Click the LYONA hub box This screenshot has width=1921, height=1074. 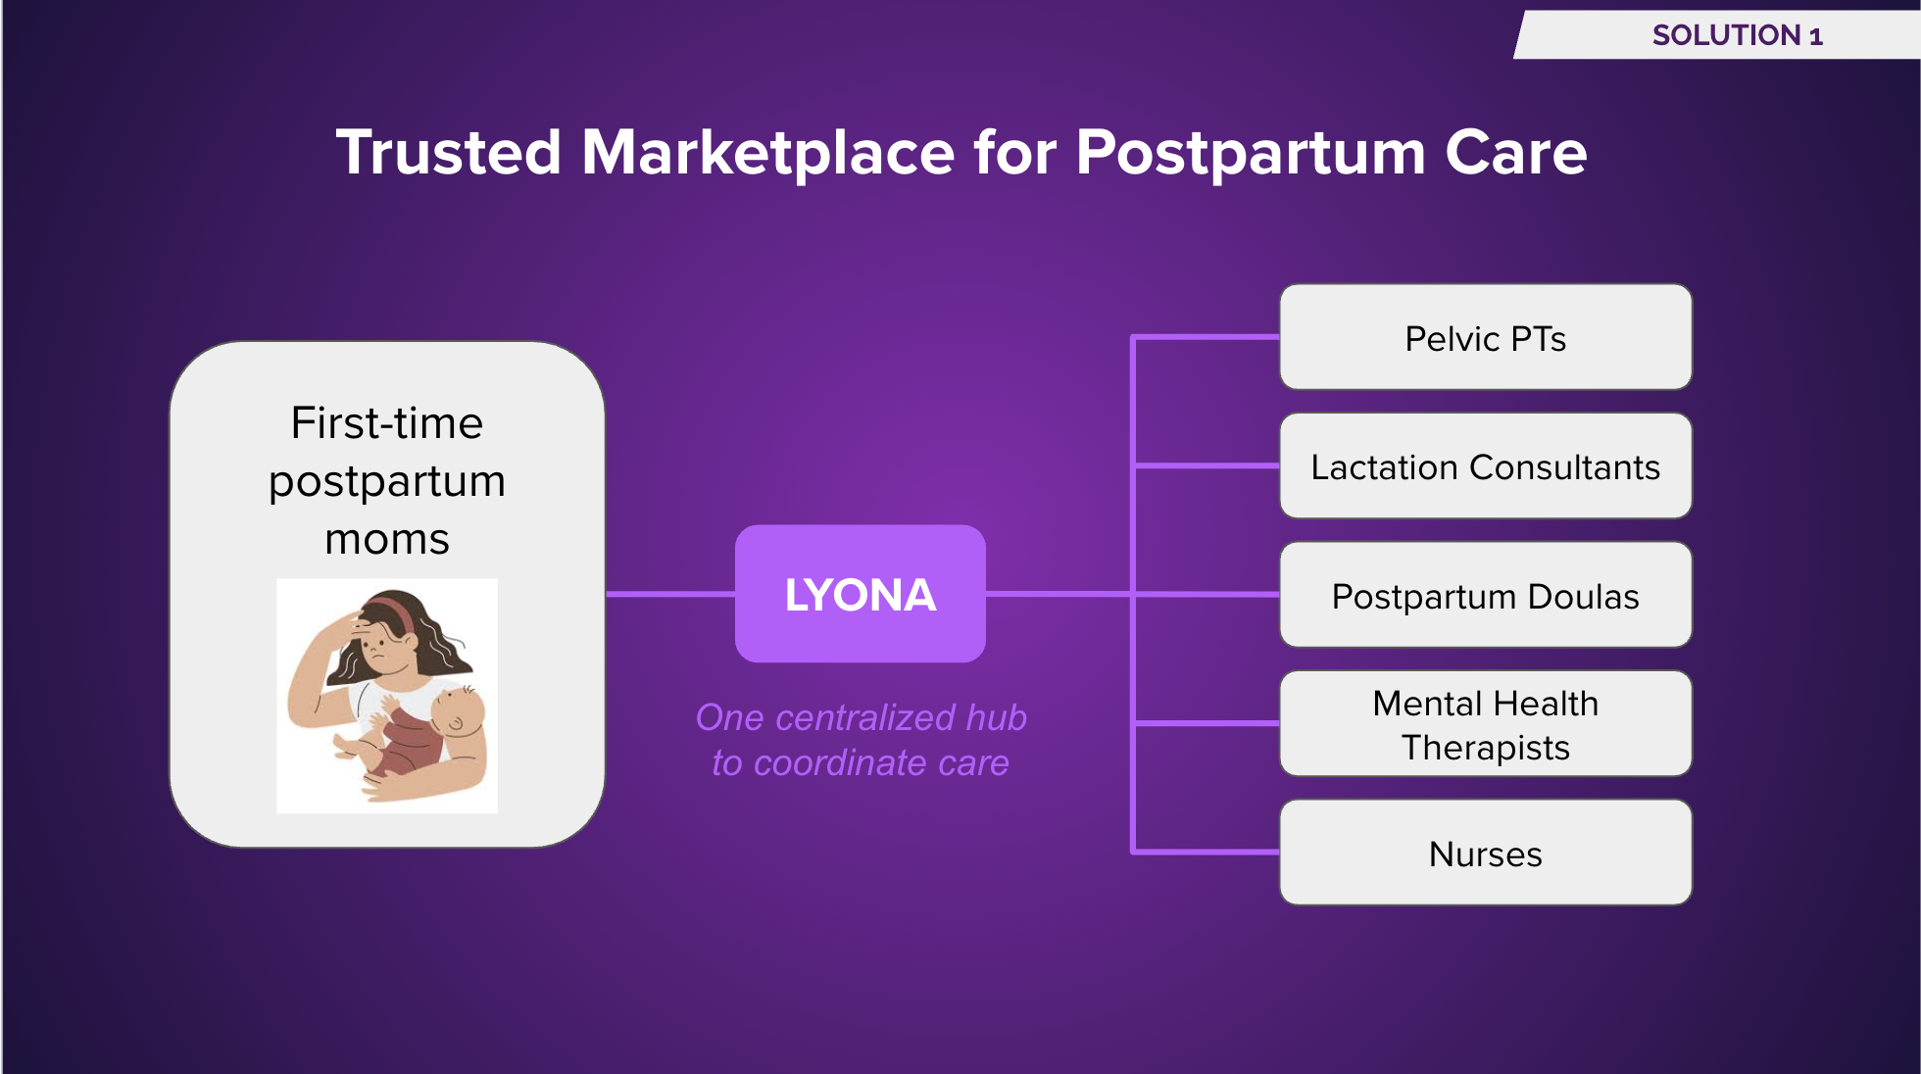(860, 594)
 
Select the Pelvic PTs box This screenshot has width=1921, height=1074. (1485, 338)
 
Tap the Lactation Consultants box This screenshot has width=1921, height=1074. (1485, 466)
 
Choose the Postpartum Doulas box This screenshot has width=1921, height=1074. (1485, 595)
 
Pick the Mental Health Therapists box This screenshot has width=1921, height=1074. (1485, 724)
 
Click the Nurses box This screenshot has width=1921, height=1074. (1485, 853)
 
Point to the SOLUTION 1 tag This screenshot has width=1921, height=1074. (1736, 35)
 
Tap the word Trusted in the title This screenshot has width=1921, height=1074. (448, 153)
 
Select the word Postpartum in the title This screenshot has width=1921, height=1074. (1251, 153)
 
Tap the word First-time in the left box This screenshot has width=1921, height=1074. (387, 423)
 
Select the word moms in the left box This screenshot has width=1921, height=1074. (387, 539)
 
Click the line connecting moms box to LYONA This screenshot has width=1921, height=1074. (670, 594)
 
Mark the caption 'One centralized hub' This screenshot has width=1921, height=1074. (861, 717)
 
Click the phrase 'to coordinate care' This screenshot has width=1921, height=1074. (861, 762)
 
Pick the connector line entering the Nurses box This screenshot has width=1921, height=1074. (1206, 852)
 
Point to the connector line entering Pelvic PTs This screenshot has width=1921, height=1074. (1206, 337)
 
